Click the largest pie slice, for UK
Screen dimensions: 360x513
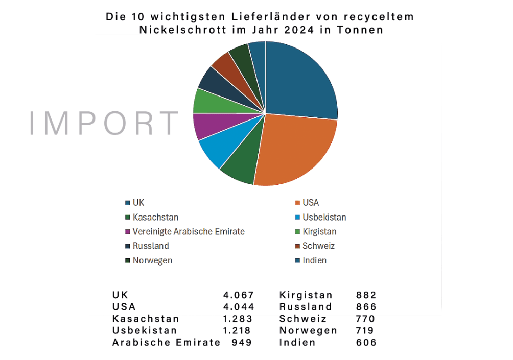[301, 82]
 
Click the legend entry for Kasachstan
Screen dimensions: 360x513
[155, 217]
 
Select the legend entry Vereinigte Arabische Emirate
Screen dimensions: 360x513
[189, 231]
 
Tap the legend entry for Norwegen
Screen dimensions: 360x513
[152, 260]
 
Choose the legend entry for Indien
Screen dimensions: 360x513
[314, 260]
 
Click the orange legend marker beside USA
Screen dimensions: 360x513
[297, 203]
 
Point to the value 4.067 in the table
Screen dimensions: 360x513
[239, 295]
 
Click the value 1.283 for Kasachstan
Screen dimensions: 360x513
[239, 319]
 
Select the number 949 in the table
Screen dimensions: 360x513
[242, 342]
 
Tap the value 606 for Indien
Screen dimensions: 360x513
[366, 342]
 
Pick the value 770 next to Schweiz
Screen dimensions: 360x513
[366, 319]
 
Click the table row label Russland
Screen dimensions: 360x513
[306, 307]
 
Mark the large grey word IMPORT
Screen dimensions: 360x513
[104, 124]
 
